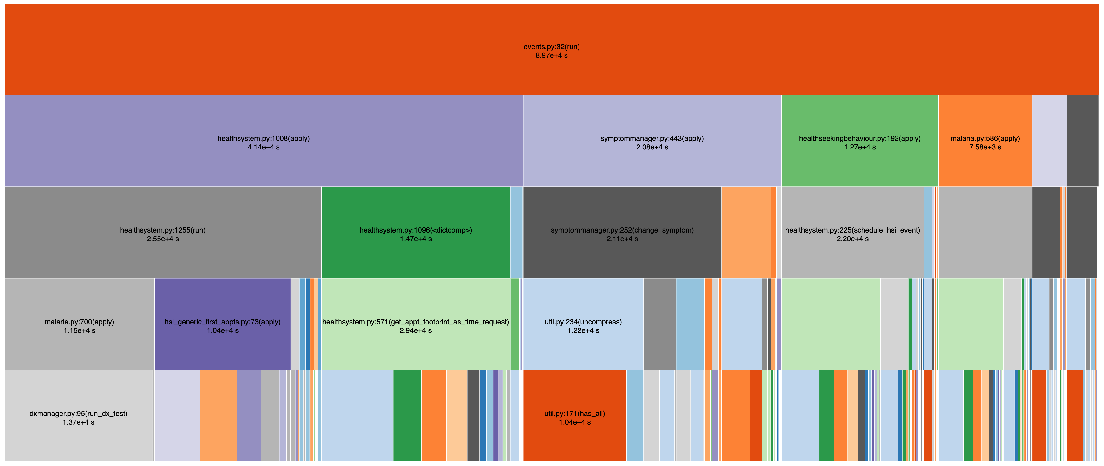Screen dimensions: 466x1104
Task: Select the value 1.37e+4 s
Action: point(79,422)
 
